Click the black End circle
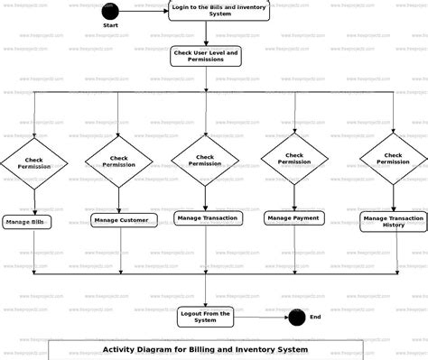(x=296, y=318)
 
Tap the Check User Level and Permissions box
(x=206, y=57)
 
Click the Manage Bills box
(x=27, y=222)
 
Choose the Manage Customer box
(x=119, y=220)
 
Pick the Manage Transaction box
(x=207, y=217)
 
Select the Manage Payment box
(x=293, y=217)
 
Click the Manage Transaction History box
(x=394, y=222)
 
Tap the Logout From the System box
(x=206, y=317)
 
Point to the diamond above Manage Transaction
(x=206, y=160)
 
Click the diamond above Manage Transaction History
(x=394, y=159)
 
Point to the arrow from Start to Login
(x=143, y=12)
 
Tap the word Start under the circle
(x=110, y=26)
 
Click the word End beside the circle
(x=315, y=318)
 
